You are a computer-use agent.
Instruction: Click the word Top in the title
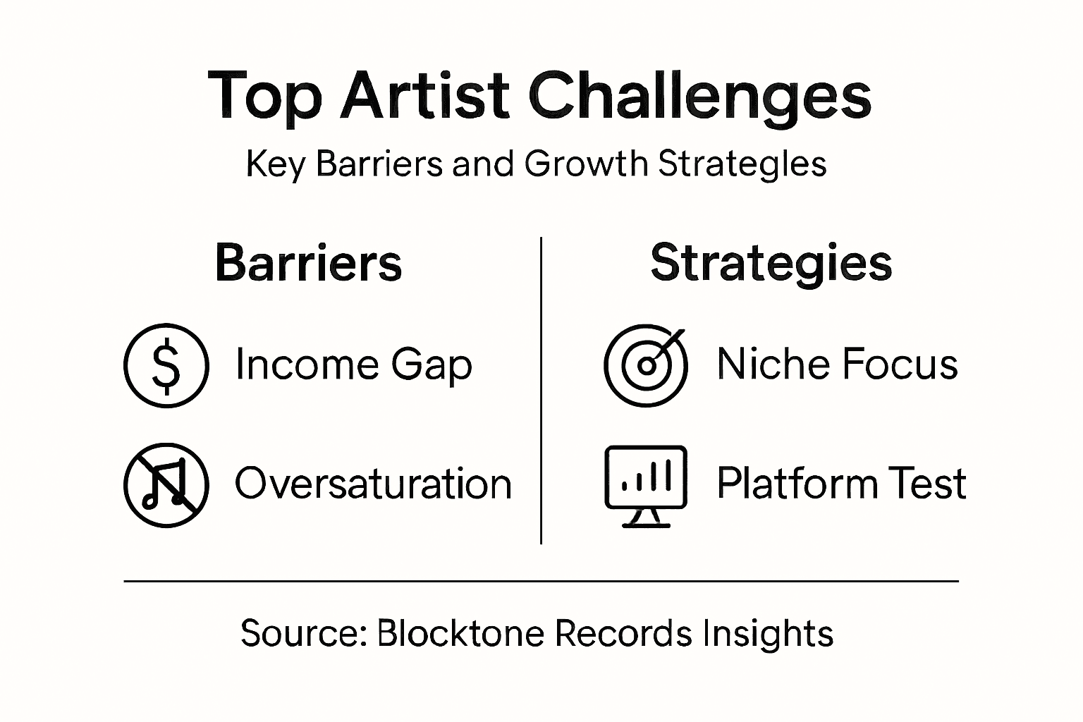point(265,97)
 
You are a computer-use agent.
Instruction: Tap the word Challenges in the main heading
point(699,97)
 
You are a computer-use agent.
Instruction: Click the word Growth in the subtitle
point(585,164)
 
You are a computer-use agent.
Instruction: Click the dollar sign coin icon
point(166,365)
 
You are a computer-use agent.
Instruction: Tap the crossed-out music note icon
point(166,485)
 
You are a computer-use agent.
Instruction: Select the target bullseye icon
point(645,365)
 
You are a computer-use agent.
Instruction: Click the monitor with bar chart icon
point(645,485)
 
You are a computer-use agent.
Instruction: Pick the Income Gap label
point(353,365)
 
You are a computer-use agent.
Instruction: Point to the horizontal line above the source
point(541,582)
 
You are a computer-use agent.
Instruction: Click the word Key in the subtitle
point(275,164)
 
